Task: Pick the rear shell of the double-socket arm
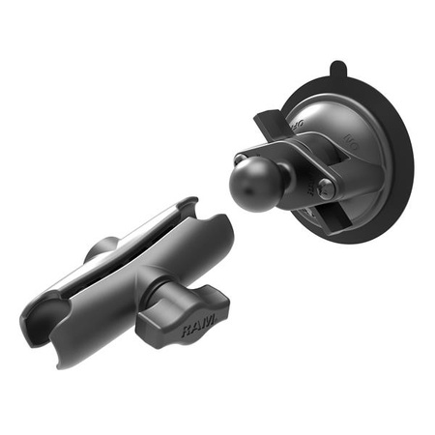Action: (x=145, y=232)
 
